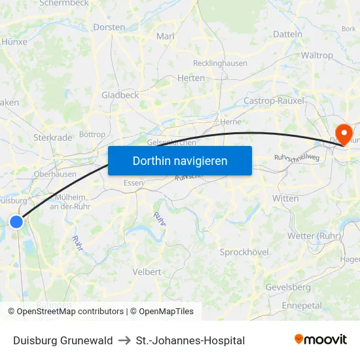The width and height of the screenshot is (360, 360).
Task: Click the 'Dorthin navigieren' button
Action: [x=180, y=160]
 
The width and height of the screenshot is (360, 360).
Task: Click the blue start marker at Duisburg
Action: [x=16, y=222]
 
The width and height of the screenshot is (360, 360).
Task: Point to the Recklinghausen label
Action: [x=220, y=63]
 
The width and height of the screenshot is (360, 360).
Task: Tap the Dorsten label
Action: [x=109, y=27]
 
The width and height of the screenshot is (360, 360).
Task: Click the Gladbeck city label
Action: [x=120, y=95]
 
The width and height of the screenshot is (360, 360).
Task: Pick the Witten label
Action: [x=286, y=198]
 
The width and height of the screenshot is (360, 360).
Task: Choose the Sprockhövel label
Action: [x=244, y=252]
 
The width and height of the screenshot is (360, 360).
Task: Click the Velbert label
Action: [x=147, y=272]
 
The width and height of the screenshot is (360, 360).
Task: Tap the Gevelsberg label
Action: [x=288, y=287]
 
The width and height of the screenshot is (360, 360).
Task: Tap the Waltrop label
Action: [x=316, y=56]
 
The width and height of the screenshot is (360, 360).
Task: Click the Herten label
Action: [x=191, y=78]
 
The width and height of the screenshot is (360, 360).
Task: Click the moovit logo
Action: [x=320, y=340]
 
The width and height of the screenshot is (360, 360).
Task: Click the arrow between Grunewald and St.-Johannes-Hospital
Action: [x=124, y=340]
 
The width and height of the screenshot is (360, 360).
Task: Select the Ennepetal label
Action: [x=302, y=305]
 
